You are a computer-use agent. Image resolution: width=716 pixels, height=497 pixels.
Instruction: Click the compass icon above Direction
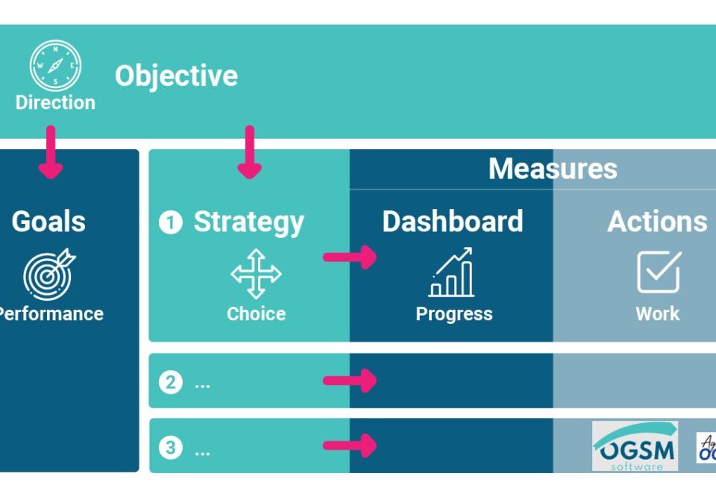[55, 66]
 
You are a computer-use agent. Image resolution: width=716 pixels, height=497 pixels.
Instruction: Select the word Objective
[176, 75]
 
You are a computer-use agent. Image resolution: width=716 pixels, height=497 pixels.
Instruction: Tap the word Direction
[55, 102]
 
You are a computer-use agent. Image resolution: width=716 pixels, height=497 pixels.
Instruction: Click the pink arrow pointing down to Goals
[51, 152]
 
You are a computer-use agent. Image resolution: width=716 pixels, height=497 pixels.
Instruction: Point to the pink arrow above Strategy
[249, 152]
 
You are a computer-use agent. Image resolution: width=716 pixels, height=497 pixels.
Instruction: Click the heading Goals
[49, 222]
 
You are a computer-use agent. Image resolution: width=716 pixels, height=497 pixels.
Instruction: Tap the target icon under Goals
[49, 273]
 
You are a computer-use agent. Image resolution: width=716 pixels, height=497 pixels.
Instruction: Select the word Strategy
[248, 222]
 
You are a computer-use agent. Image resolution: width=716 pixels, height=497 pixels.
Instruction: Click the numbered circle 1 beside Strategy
[171, 222]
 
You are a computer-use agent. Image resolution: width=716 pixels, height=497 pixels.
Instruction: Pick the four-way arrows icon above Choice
[256, 274]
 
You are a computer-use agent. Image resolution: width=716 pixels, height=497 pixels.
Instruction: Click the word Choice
[256, 313]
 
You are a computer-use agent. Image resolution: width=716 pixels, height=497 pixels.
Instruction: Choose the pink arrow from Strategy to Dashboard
[350, 257]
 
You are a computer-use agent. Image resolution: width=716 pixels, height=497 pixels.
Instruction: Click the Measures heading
[553, 169]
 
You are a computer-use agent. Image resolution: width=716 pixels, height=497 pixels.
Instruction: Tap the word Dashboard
[452, 222]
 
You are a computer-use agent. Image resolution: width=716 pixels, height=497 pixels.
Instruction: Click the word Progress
[453, 313]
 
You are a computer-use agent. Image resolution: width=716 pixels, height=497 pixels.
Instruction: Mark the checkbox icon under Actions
[659, 272]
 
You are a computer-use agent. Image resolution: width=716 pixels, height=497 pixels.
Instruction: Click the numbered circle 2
[171, 383]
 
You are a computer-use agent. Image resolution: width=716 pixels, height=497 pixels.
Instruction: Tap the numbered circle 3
[171, 448]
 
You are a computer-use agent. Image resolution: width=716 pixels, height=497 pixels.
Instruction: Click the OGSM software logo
[635, 447]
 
